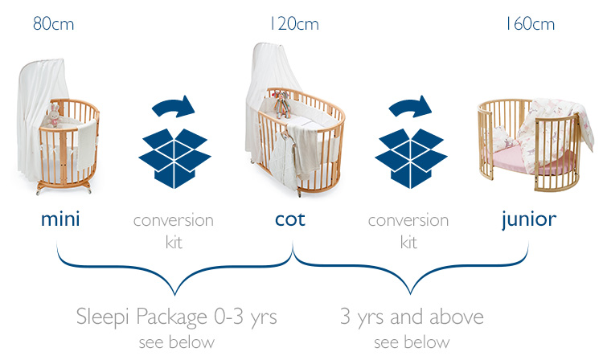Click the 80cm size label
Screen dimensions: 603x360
click(x=53, y=24)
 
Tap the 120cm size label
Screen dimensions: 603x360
click(x=294, y=24)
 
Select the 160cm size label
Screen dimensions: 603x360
click(x=530, y=24)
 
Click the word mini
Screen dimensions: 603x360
click(x=60, y=219)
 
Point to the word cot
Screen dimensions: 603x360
click(x=290, y=219)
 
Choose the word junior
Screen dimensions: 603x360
click(x=529, y=220)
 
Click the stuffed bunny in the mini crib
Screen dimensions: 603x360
click(x=54, y=116)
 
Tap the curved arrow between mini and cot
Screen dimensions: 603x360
click(x=174, y=105)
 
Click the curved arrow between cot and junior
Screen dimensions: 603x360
click(x=410, y=105)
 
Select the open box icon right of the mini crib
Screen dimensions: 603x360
click(x=174, y=158)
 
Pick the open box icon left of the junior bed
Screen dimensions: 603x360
click(x=411, y=158)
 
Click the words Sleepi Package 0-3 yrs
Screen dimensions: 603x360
click(x=177, y=317)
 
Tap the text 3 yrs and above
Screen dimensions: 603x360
click(x=412, y=317)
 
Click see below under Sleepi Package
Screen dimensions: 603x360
click(x=177, y=342)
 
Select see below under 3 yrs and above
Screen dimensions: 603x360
click(x=412, y=342)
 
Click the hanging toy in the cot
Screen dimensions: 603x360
click(x=282, y=104)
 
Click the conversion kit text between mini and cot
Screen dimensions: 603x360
click(x=174, y=231)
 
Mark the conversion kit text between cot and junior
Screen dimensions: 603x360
click(x=408, y=231)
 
